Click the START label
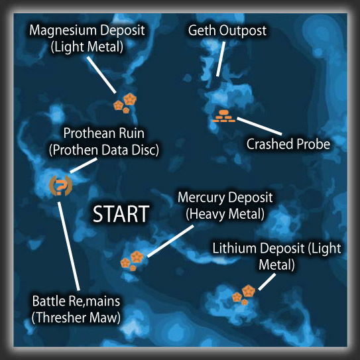coord(121,214)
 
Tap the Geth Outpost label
coord(227,30)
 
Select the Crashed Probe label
coord(288,144)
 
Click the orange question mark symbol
coord(60,186)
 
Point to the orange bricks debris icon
coord(224,116)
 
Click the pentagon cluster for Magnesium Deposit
coord(125,103)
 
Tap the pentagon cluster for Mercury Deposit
coord(132,261)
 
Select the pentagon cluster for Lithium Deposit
coord(243,295)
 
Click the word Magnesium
coord(64,30)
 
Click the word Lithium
coord(234,248)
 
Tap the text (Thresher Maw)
coord(76,318)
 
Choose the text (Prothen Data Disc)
coord(104,150)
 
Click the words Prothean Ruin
coord(104,133)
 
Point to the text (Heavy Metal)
coord(225,214)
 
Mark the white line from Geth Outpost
coord(221,59)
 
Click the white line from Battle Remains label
coord(69,246)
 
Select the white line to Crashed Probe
coord(259,126)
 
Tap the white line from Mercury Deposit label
coord(170,241)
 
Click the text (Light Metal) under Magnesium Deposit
coord(87,47)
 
